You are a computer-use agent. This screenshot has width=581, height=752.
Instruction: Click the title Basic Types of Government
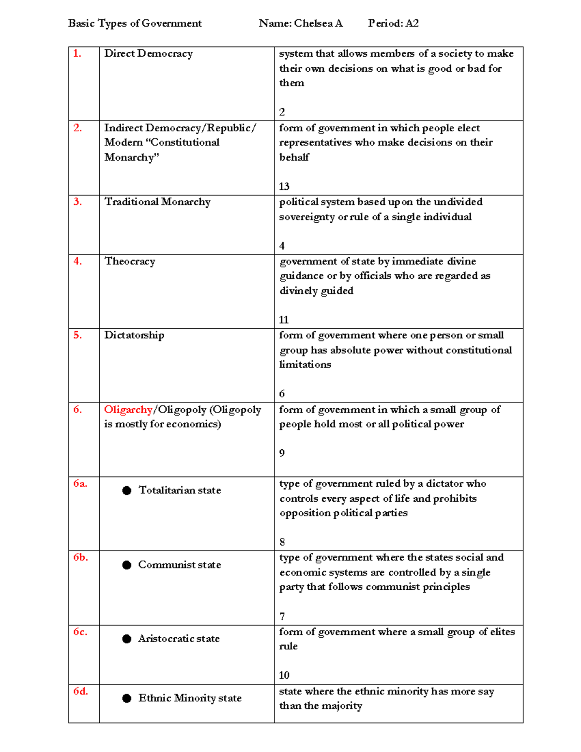coord(135,23)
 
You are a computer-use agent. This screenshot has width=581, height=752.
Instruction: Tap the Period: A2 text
coord(393,23)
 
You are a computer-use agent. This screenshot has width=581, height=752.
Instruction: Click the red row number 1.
coord(77,54)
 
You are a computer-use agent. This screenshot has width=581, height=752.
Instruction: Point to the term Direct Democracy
coord(148,54)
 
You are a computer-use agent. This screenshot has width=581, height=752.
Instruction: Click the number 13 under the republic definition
coord(284,186)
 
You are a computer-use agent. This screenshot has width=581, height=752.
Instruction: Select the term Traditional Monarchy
coord(157,202)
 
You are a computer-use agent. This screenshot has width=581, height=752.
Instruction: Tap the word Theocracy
coord(130,261)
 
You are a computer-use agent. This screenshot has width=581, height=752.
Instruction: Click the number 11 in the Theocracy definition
coord(284,320)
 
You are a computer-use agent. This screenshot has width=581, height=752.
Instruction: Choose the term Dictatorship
coord(134,335)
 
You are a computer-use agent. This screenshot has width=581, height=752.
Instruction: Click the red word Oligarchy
coord(128,410)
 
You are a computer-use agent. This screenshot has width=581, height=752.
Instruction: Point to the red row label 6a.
coord(80,483)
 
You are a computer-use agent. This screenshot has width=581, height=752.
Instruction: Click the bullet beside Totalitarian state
coord(127,491)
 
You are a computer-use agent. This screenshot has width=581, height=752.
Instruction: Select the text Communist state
coord(179,565)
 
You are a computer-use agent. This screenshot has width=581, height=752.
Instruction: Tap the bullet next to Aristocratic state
coord(127,639)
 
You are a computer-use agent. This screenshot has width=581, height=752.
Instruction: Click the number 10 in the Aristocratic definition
coord(284,675)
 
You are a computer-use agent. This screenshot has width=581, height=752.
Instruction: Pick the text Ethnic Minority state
coord(190,698)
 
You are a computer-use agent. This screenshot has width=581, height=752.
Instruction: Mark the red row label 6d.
coord(80,691)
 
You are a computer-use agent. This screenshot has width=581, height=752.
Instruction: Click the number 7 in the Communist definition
coord(282,616)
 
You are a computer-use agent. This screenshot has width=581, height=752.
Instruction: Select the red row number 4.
coord(77,261)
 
